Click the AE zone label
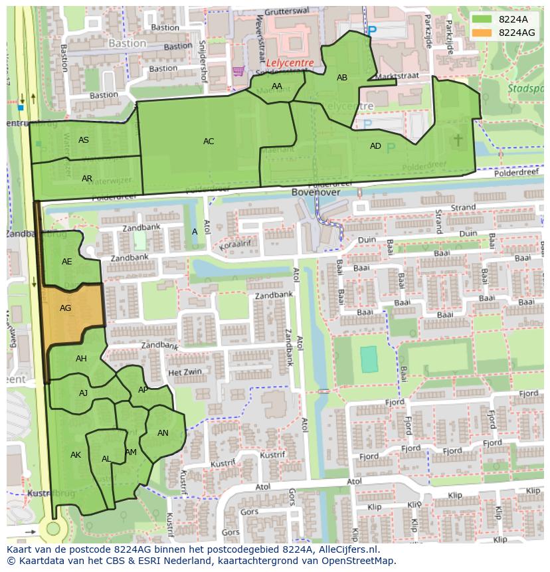67,262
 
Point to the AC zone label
209,142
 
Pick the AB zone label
342,78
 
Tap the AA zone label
277,86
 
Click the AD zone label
375,146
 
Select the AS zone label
84,140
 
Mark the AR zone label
87,179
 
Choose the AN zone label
163,433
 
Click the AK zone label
76,455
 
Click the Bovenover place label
316,192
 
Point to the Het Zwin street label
185,373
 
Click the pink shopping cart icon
238,70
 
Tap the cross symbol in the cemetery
458,139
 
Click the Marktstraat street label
397,76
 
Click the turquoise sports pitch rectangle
369,359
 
